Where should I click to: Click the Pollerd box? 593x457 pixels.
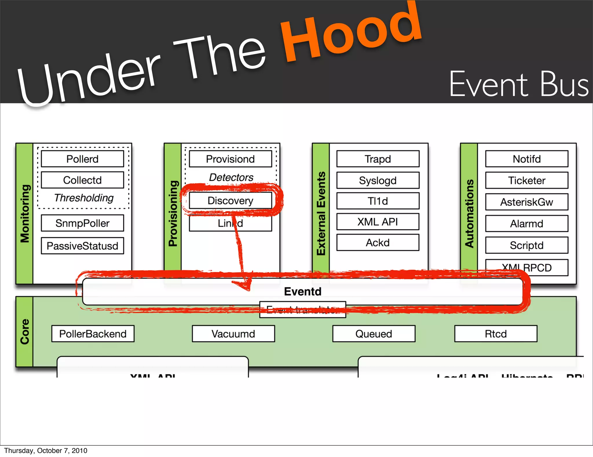pos(82,159)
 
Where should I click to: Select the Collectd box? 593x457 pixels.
pos(82,180)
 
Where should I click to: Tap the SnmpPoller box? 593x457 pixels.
pos(82,223)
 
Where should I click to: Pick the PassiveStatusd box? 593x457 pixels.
pos(82,246)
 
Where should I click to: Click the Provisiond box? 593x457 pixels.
pos(230,159)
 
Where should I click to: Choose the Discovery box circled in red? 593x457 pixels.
pos(230,200)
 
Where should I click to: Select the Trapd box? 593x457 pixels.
pos(378,159)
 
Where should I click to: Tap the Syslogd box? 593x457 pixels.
pos(378,180)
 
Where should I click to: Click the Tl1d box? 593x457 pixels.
pos(378,201)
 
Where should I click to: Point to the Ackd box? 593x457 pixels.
pos(378,242)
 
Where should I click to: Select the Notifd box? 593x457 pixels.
pos(526,159)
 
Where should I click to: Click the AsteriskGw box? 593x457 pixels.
pos(526,202)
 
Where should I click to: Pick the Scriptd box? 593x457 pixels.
pos(526,245)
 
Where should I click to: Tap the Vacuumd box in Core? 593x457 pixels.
pos(233,334)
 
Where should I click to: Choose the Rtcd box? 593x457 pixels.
pos(495,334)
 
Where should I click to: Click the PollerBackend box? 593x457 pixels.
pos(93,334)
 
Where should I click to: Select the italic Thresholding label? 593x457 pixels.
pos(84,198)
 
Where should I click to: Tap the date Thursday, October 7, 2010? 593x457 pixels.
pos(45,451)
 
